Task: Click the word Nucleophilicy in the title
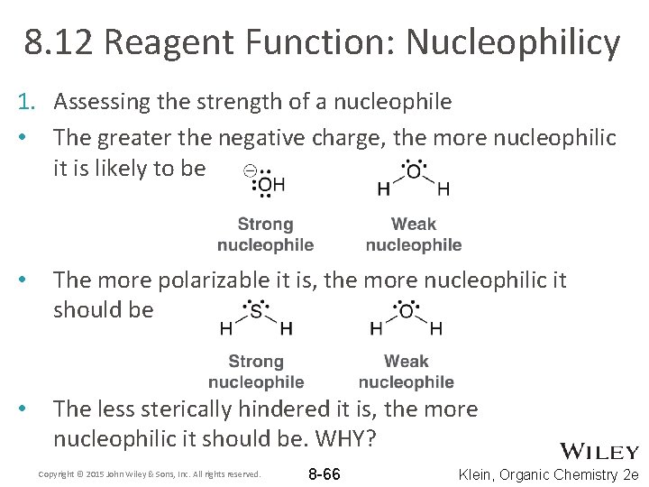[x=513, y=42]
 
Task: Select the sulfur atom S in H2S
[x=256, y=312]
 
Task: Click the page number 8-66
[x=324, y=473]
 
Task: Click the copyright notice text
[x=150, y=473]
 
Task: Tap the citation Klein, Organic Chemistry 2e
[x=549, y=473]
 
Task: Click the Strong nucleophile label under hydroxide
[x=265, y=234]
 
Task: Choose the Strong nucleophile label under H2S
[x=256, y=372]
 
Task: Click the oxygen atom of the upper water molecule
[x=413, y=171]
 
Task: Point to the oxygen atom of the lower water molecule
[x=406, y=312]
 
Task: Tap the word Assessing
[x=101, y=102]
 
